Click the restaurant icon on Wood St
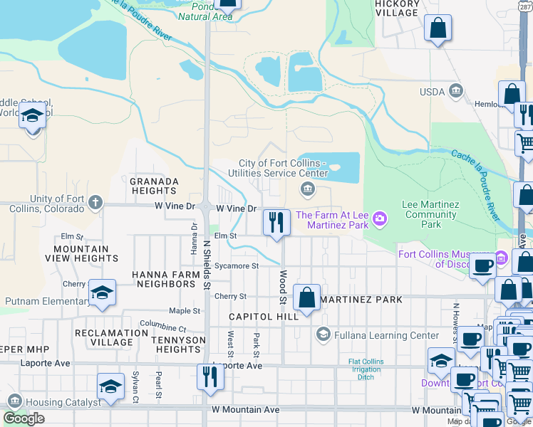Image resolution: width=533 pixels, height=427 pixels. [x=275, y=222]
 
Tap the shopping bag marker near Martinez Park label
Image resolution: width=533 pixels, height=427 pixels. [x=306, y=297]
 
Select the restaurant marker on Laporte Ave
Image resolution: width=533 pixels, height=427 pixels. [x=209, y=376]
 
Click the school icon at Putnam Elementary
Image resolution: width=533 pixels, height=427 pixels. [x=102, y=292]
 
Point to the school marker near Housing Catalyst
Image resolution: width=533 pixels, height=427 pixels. [x=110, y=386]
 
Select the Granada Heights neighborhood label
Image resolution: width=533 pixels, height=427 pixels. [x=154, y=186]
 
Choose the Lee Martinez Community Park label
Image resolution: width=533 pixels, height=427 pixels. [x=430, y=214]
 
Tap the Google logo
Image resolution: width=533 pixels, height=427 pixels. [x=24, y=418]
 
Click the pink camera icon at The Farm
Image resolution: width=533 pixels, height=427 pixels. [x=380, y=216]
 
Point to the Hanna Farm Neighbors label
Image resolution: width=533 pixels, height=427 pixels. [x=163, y=279]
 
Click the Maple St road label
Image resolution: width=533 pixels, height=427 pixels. [x=185, y=311]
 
